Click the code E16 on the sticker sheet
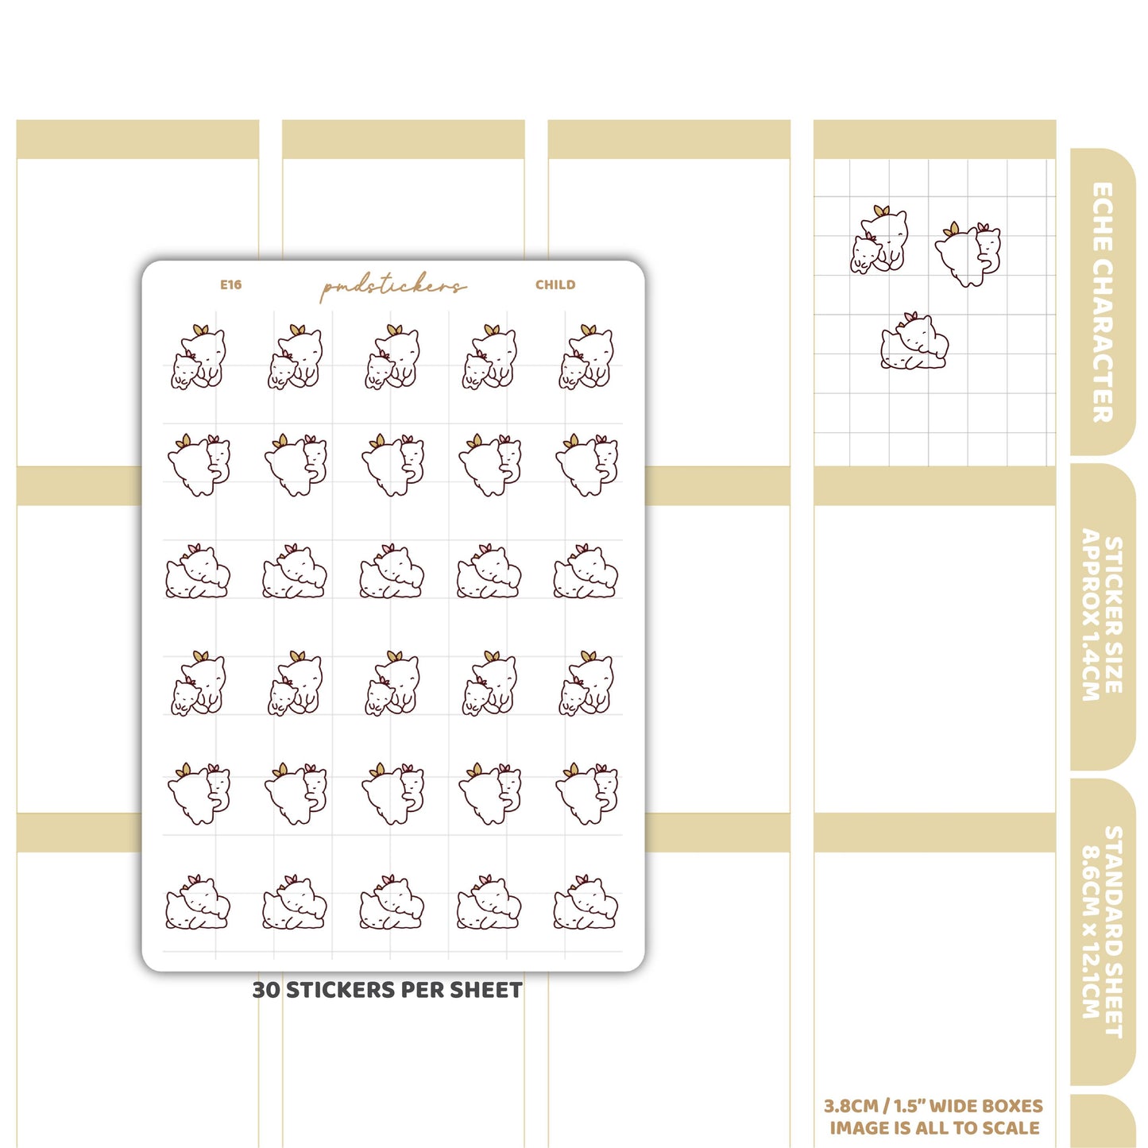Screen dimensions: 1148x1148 coord(230,284)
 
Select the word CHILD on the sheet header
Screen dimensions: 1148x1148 coord(555,284)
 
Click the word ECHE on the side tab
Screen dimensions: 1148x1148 coord(1103,217)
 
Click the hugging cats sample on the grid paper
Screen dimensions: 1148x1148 coord(968,255)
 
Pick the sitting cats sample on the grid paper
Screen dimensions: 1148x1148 coord(878,239)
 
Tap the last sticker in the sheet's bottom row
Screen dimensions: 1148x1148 coord(586,902)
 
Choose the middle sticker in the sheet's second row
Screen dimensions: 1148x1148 coord(392,466)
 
